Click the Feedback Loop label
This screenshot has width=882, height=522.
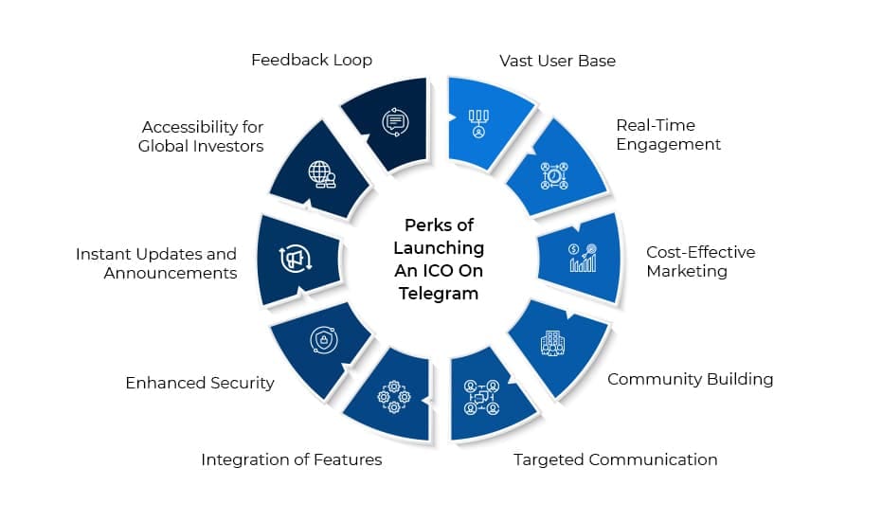tap(311, 60)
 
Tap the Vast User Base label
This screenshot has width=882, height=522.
tap(557, 61)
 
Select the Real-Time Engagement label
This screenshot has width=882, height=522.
tap(668, 135)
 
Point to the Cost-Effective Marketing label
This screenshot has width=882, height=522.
tap(700, 261)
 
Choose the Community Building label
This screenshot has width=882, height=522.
tap(690, 379)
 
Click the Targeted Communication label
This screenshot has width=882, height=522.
tap(615, 459)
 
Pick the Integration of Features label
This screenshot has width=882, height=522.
tap(291, 459)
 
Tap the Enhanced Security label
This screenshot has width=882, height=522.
tap(200, 383)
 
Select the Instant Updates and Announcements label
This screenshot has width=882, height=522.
tap(156, 263)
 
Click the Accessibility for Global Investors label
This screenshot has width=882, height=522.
tap(201, 135)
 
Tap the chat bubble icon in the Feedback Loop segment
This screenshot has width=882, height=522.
tap(393, 122)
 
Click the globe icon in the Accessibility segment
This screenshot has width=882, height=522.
tap(322, 174)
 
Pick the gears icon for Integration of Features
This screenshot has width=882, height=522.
tap(393, 396)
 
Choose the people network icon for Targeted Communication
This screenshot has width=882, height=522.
tap(481, 396)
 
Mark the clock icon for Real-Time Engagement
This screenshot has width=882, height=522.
tap(553, 176)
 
